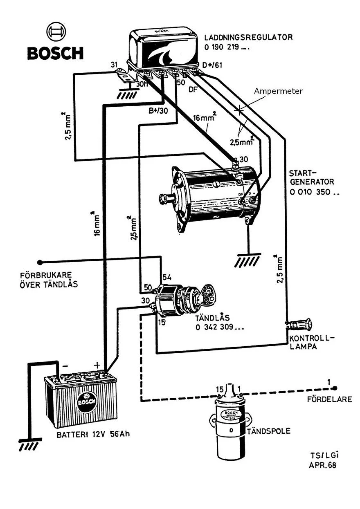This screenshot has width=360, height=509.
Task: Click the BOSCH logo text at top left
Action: point(55,53)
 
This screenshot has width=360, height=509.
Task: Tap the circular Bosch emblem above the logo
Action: point(55,31)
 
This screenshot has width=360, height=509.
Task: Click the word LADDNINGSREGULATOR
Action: point(248,37)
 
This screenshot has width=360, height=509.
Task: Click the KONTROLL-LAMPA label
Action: point(311,343)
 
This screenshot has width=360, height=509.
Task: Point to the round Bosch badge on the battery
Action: point(87,401)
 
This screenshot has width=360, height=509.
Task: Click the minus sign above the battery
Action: point(65,365)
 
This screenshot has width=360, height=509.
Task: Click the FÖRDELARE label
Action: point(329,399)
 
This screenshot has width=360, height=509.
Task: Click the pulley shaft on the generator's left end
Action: point(165,199)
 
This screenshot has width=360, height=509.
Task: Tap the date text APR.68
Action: point(323,465)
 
